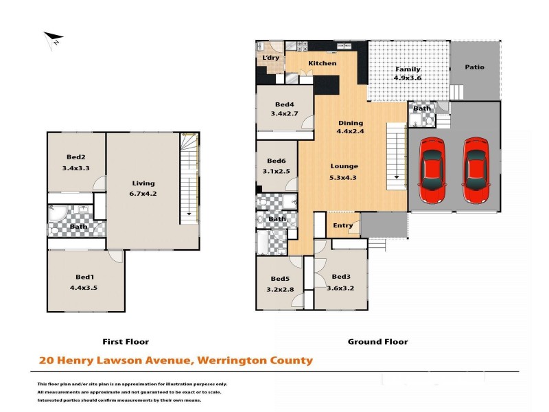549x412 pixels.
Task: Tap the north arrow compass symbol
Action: click(54, 39)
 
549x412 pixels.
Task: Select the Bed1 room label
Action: click(85, 277)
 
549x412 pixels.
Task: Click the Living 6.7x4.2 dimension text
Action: click(143, 193)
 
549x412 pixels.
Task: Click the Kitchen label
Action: click(322, 63)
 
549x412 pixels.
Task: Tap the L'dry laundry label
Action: click(271, 58)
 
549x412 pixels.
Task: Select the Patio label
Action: click(474, 67)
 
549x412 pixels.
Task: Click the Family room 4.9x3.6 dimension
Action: click(407, 78)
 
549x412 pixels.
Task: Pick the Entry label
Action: click(342, 225)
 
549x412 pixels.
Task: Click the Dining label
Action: click(350, 124)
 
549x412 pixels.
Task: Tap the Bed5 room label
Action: click(281, 279)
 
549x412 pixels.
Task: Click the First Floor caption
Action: click(126, 341)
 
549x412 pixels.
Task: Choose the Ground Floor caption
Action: click(377, 341)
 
